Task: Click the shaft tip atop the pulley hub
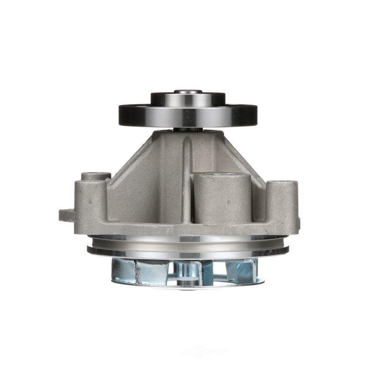tap(187, 91)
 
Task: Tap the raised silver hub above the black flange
tap(187, 99)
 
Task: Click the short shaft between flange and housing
tap(187, 129)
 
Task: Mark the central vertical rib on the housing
tap(187, 176)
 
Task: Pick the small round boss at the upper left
tap(96, 175)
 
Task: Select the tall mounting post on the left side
tap(90, 204)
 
